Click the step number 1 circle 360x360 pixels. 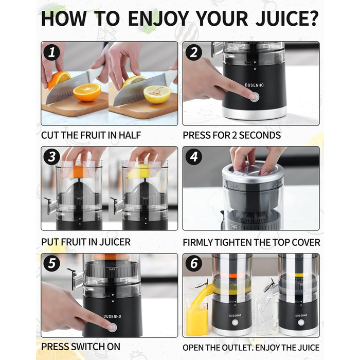pyautogui.click(x=51, y=52)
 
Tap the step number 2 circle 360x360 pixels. pyautogui.click(x=193, y=52)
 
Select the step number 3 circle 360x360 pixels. pyautogui.click(x=51, y=157)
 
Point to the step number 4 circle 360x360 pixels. pyautogui.click(x=193, y=157)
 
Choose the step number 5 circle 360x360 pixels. pyautogui.click(x=51, y=263)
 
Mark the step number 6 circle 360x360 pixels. pyautogui.click(x=193, y=263)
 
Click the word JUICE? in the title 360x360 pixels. pyautogui.click(x=287, y=19)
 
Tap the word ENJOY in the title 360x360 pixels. pyautogui.click(x=158, y=19)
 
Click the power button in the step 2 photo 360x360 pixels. pyautogui.click(x=255, y=97)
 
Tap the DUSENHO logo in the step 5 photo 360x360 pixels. pyautogui.click(x=112, y=316)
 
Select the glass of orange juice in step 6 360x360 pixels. pyautogui.click(x=197, y=317)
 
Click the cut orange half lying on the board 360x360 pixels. pyautogui.click(x=87, y=92)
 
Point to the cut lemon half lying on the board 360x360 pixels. pyautogui.click(x=157, y=94)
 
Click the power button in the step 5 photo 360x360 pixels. pyautogui.click(x=112, y=328)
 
